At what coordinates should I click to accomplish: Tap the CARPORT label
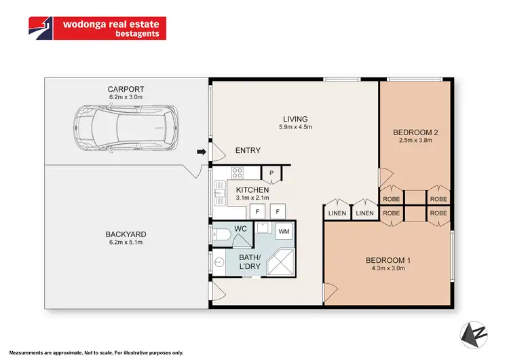[125, 88]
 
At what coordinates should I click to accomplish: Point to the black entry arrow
[201, 151]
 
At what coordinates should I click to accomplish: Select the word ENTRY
[248, 151]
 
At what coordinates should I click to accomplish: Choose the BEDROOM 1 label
[388, 260]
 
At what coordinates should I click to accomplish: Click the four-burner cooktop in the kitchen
[238, 173]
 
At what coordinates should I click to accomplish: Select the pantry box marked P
[271, 174]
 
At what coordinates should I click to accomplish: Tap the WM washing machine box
[284, 230]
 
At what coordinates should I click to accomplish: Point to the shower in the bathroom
[280, 262]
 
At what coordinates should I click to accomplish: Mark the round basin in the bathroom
[219, 262]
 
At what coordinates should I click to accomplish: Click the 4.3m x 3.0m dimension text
[388, 269]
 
